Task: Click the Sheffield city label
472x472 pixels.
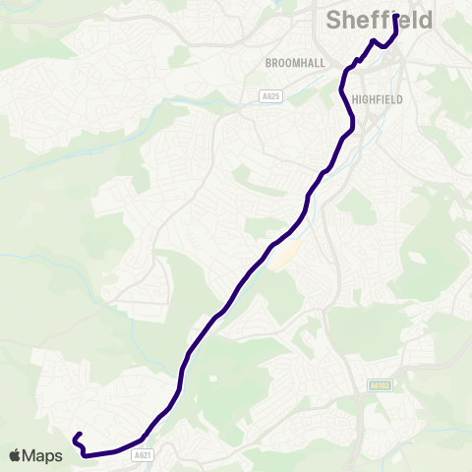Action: click(379, 21)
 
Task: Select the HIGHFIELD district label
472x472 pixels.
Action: click(378, 99)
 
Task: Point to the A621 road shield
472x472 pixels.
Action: click(144, 455)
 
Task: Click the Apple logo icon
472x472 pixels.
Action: click(16, 455)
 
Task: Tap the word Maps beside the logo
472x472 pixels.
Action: click(42, 455)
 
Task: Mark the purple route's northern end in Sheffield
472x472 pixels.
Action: click(396, 17)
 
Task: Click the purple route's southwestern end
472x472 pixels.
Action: click(76, 436)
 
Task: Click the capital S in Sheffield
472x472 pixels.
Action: click(334, 21)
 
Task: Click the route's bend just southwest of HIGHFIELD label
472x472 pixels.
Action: click(351, 124)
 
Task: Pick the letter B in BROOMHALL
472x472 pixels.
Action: click(268, 62)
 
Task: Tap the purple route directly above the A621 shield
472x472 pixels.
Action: click(145, 437)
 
